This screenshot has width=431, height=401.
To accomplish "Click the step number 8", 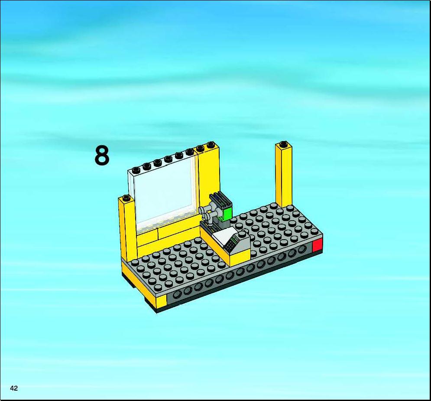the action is (x=102, y=156).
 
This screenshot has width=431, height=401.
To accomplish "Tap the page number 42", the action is (x=14, y=388).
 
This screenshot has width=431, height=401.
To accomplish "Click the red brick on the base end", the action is (x=317, y=245).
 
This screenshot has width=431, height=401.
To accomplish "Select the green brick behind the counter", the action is (x=227, y=214).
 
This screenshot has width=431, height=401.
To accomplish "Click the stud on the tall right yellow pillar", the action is (x=284, y=144).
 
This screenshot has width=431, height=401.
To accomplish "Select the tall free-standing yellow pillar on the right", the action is (x=284, y=175).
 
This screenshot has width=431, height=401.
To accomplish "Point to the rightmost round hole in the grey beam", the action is (x=302, y=249).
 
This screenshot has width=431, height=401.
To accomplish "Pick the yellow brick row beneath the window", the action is (x=168, y=232).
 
